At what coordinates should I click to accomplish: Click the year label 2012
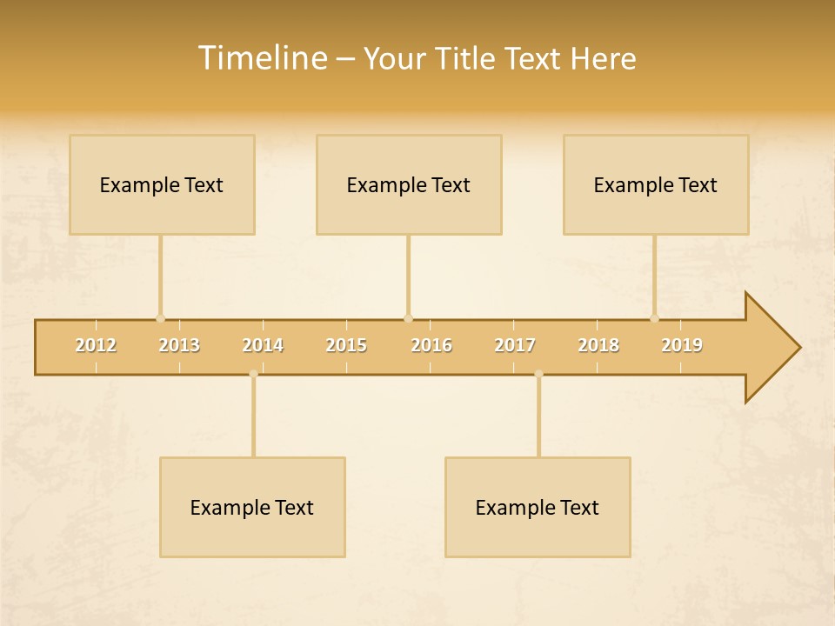96,345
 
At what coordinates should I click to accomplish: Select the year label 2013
179,345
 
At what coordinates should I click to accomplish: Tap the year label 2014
263,345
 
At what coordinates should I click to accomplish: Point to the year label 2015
346,345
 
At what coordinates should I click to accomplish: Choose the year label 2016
431,345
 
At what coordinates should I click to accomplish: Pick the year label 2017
515,345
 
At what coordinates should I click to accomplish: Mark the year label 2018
598,345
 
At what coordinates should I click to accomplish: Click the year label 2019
682,345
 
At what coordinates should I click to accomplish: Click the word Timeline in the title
262,58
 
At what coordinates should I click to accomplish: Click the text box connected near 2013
162,184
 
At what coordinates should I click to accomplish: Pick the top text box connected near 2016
409,184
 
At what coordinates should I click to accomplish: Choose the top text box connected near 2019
656,184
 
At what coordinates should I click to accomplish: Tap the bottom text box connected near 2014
252,507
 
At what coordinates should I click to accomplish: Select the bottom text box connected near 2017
538,507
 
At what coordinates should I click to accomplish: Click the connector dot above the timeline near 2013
160,318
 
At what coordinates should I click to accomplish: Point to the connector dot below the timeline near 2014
253,374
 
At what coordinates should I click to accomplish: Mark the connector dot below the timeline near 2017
538,374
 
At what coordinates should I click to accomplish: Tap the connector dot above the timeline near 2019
654,318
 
